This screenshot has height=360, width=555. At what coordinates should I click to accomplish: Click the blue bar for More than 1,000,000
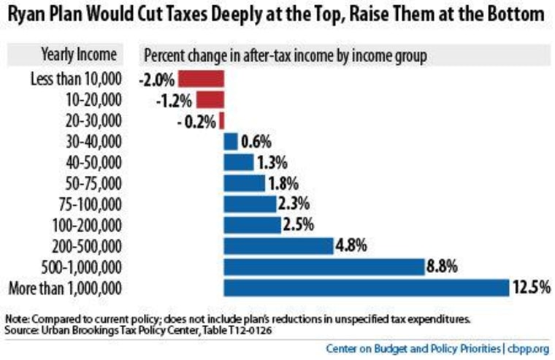366,287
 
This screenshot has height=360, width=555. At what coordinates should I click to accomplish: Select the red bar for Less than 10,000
201,78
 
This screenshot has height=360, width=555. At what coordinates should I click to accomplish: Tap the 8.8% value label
443,267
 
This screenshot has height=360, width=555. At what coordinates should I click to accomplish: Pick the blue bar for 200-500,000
278,245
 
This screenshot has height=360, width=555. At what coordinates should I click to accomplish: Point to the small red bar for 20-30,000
221,120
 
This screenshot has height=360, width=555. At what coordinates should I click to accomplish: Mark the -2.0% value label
155,78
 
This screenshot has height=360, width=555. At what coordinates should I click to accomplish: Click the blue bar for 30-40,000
231,141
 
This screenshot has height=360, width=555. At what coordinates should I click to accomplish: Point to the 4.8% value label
351,245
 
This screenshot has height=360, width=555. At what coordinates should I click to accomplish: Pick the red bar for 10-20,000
210,99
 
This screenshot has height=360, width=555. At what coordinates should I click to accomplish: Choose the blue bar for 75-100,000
250,204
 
